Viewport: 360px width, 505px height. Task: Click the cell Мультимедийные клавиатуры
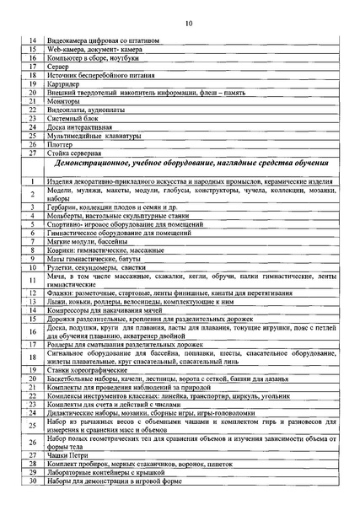[98, 136]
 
